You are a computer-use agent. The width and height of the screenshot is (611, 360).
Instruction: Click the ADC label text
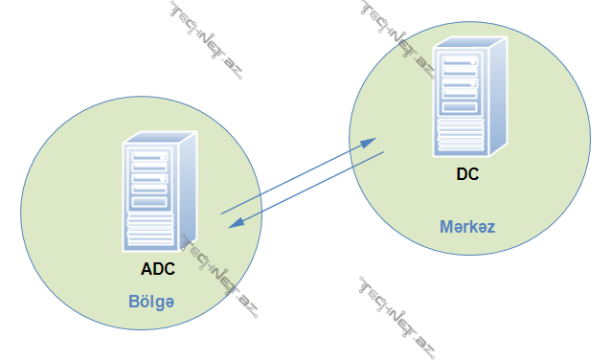click(158, 269)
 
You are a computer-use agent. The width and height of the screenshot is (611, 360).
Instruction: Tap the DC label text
click(468, 175)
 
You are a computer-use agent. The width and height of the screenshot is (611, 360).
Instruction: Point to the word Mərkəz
click(466, 228)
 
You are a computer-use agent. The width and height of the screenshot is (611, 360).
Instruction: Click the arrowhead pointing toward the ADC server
click(234, 226)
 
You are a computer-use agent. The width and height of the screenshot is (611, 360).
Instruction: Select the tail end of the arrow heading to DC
click(222, 213)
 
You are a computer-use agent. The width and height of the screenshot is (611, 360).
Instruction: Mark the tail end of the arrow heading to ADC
click(383, 153)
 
